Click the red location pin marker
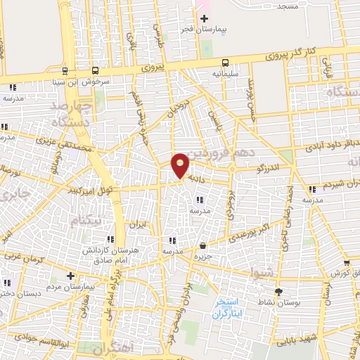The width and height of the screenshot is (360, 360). [181, 165]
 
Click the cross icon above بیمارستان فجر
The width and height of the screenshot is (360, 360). [204, 18]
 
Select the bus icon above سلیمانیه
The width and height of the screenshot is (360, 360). [225, 63]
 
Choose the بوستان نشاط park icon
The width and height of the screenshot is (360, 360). [278, 291]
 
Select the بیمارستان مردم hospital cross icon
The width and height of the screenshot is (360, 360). [70, 275]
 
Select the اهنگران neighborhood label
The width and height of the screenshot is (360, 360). [112, 348]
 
